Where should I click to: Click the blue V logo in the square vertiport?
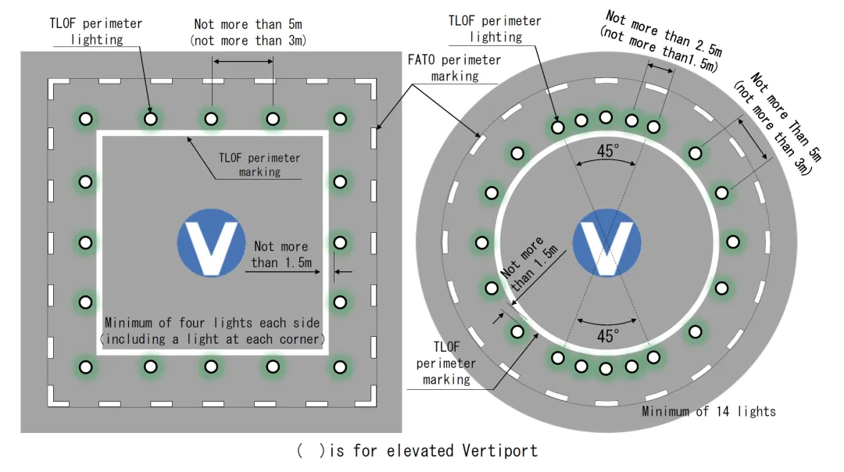[x=208, y=248]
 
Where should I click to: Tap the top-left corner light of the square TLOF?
[x=86, y=119]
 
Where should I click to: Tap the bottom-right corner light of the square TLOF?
[x=340, y=366]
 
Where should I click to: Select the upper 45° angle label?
[x=606, y=151]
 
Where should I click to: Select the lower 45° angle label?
[x=607, y=335]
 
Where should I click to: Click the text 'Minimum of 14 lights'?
[x=708, y=411]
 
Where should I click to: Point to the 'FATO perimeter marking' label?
[x=455, y=67]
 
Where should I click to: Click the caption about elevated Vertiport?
[x=417, y=451]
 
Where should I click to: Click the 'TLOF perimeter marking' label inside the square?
[x=259, y=164]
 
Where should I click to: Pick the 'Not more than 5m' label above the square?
[x=247, y=31]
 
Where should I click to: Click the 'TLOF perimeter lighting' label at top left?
[x=96, y=30]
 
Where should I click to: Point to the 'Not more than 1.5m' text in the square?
[x=281, y=254]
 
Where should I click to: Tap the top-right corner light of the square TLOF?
[x=340, y=119]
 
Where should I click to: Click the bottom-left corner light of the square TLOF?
[x=86, y=366]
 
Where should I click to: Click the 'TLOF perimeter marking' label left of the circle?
[x=446, y=363]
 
